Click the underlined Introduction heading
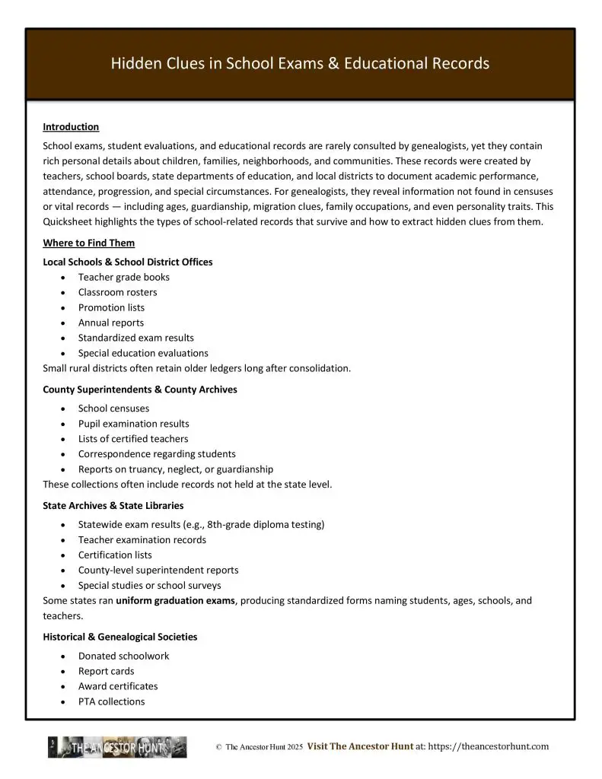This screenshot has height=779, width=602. pyautogui.click(x=71, y=127)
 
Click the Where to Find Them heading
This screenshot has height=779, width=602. pyautogui.click(x=88, y=243)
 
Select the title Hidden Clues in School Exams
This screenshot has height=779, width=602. pyautogui.click(x=300, y=63)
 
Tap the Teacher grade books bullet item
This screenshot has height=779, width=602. pyautogui.click(x=123, y=277)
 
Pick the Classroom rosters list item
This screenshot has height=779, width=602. pyautogui.click(x=117, y=292)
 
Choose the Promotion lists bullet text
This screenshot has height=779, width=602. pyautogui.click(x=111, y=307)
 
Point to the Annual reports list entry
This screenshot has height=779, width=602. pyautogui.click(x=110, y=323)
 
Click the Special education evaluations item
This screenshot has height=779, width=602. pyautogui.click(x=142, y=353)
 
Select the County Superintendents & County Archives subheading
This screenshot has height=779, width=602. pyautogui.click(x=140, y=389)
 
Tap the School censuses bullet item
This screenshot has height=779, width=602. pyautogui.click(x=113, y=409)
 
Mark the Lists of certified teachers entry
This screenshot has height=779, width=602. pyautogui.click(x=132, y=439)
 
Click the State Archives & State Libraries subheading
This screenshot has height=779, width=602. pyautogui.click(x=113, y=505)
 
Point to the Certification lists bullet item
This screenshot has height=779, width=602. pyautogui.click(x=114, y=555)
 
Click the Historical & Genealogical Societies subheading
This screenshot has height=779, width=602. pyautogui.click(x=120, y=637)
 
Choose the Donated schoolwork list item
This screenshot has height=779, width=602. pyautogui.click(x=123, y=656)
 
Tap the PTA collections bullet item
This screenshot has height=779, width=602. pyautogui.click(x=111, y=701)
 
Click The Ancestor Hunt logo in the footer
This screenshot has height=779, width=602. pyautogui.click(x=117, y=747)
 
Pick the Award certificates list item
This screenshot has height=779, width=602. pyautogui.click(x=118, y=686)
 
